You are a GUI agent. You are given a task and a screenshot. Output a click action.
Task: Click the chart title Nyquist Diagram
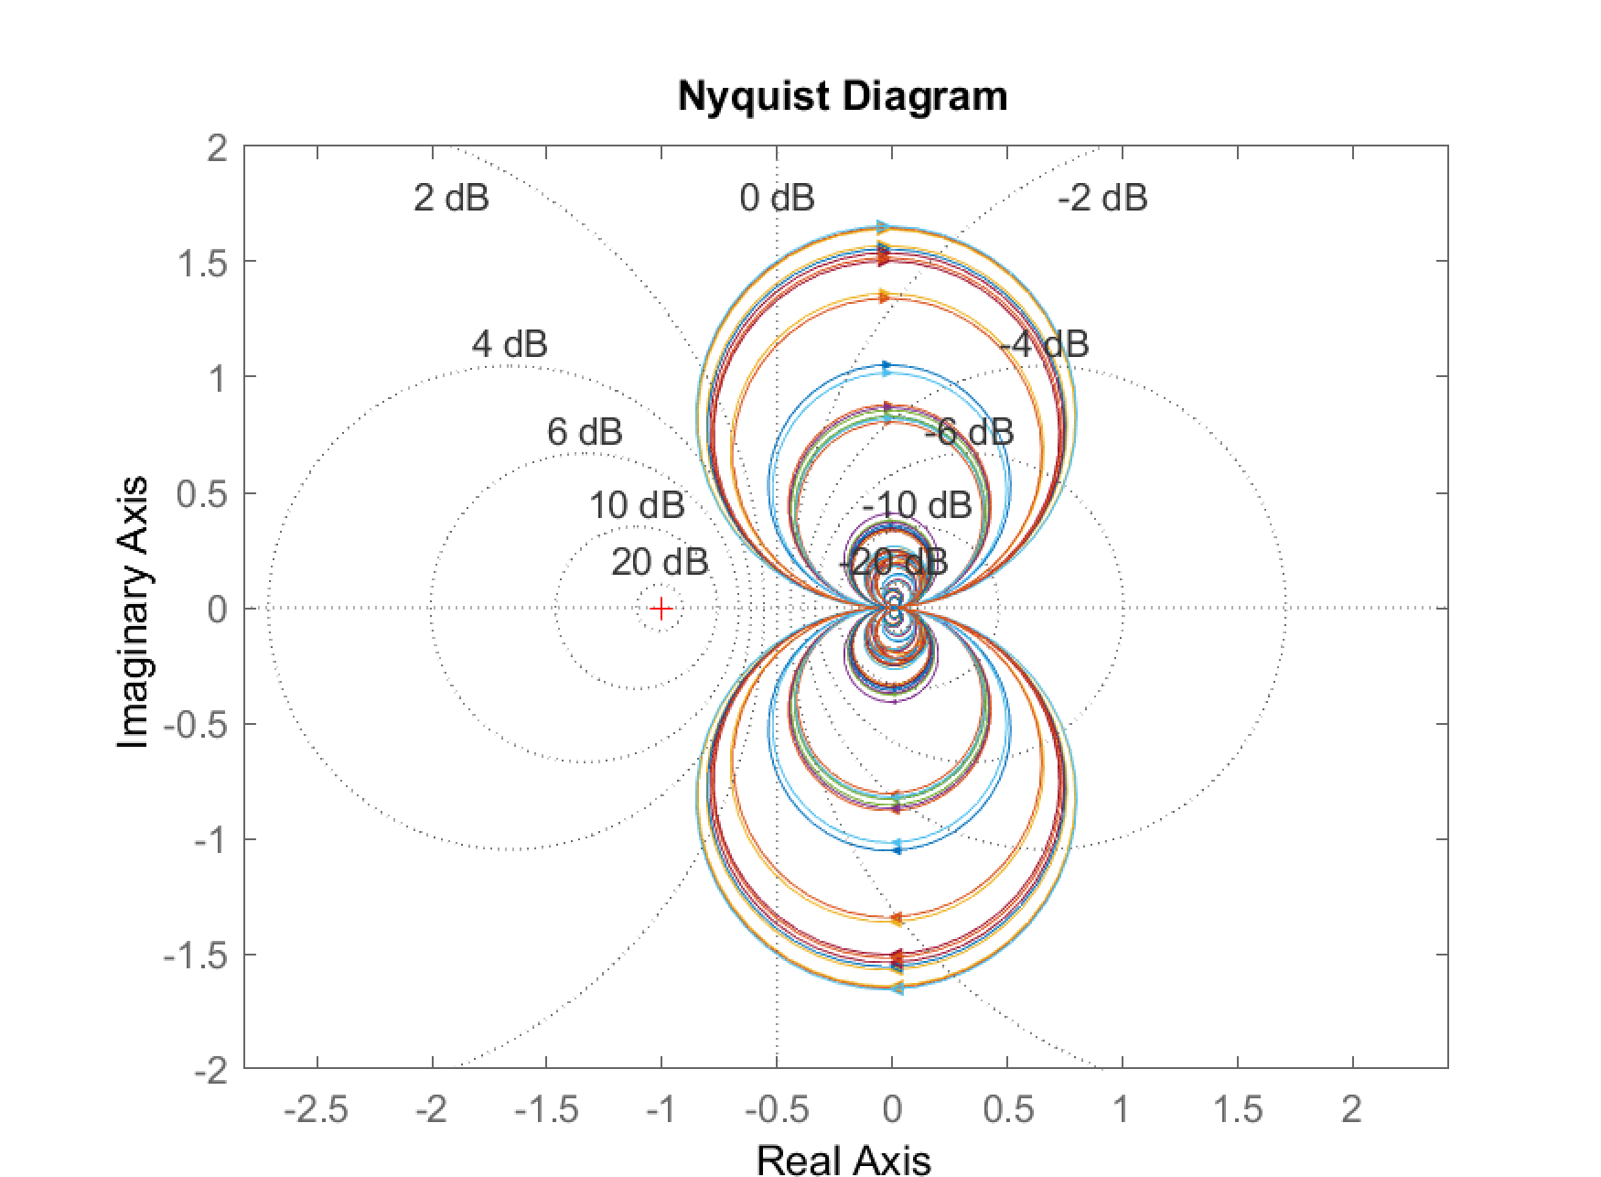click(x=842, y=96)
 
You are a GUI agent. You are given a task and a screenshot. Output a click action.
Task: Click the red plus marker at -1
click(x=661, y=609)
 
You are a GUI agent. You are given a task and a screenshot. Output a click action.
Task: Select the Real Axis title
click(x=843, y=1159)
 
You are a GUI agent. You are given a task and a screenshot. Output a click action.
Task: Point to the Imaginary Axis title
click(x=134, y=611)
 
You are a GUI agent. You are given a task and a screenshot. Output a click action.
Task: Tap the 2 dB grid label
click(x=451, y=198)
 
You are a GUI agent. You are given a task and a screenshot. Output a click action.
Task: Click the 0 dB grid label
click(x=777, y=198)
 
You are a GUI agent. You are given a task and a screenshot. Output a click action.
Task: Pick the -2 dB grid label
click(x=1101, y=198)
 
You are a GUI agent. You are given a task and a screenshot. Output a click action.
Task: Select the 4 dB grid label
click(x=510, y=344)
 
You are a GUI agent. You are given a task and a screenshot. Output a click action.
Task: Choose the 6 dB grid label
click(x=585, y=431)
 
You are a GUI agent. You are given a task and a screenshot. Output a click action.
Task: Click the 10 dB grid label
click(x=636, y=504)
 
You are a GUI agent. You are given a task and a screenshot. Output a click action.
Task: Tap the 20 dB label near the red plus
click(x=659, y=562)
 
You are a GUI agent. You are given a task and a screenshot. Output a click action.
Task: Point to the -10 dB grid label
click(x=916, y=504)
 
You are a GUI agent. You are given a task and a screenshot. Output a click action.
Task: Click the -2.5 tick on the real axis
click(x=317, y=1110)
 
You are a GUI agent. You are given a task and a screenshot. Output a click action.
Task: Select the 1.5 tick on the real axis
click(x=1237, y=1110)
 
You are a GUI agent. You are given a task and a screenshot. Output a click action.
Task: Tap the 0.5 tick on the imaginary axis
click(x=202, y=494)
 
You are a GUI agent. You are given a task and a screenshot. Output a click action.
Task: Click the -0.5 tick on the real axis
click(x=776, y=1110)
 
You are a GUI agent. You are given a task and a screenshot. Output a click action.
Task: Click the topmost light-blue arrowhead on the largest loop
click(x=884, y=227)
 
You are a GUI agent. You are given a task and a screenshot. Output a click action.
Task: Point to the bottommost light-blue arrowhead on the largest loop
click(x=897, y=988)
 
